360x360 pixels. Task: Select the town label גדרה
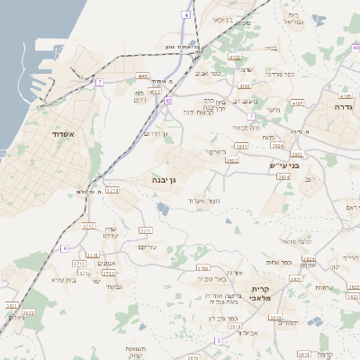pos(342,106)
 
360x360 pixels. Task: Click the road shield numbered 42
pos(167,101)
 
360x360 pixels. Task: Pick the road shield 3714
pos(112,191)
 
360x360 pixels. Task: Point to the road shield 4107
pos(298,103)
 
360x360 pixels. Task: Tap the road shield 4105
pos(346,94)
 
